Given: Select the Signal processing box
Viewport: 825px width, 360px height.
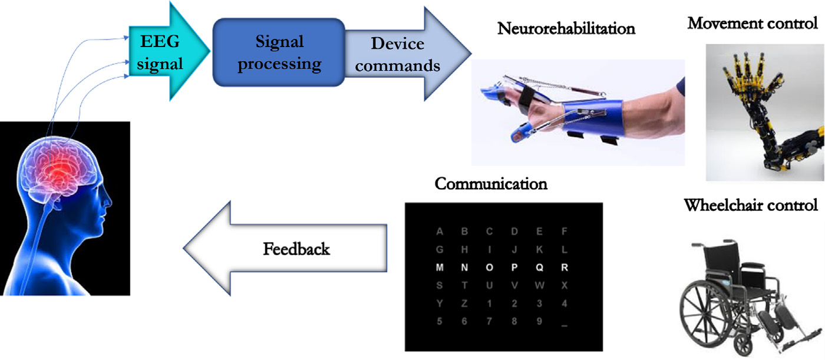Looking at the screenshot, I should tap(279, 52).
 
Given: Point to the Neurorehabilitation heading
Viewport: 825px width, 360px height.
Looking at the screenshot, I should tap(566, 28).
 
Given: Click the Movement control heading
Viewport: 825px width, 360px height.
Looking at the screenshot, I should tap(753, 24).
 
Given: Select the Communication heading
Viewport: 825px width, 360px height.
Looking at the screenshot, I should tap(491, 184).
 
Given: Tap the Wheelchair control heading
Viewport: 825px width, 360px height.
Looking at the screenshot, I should tap(751, 206).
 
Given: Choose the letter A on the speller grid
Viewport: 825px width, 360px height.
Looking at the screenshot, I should tap(439, 232).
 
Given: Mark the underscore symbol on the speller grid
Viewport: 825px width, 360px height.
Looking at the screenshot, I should tap(565, 323).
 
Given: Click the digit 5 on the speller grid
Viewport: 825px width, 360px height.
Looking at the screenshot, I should tap(439, 322).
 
